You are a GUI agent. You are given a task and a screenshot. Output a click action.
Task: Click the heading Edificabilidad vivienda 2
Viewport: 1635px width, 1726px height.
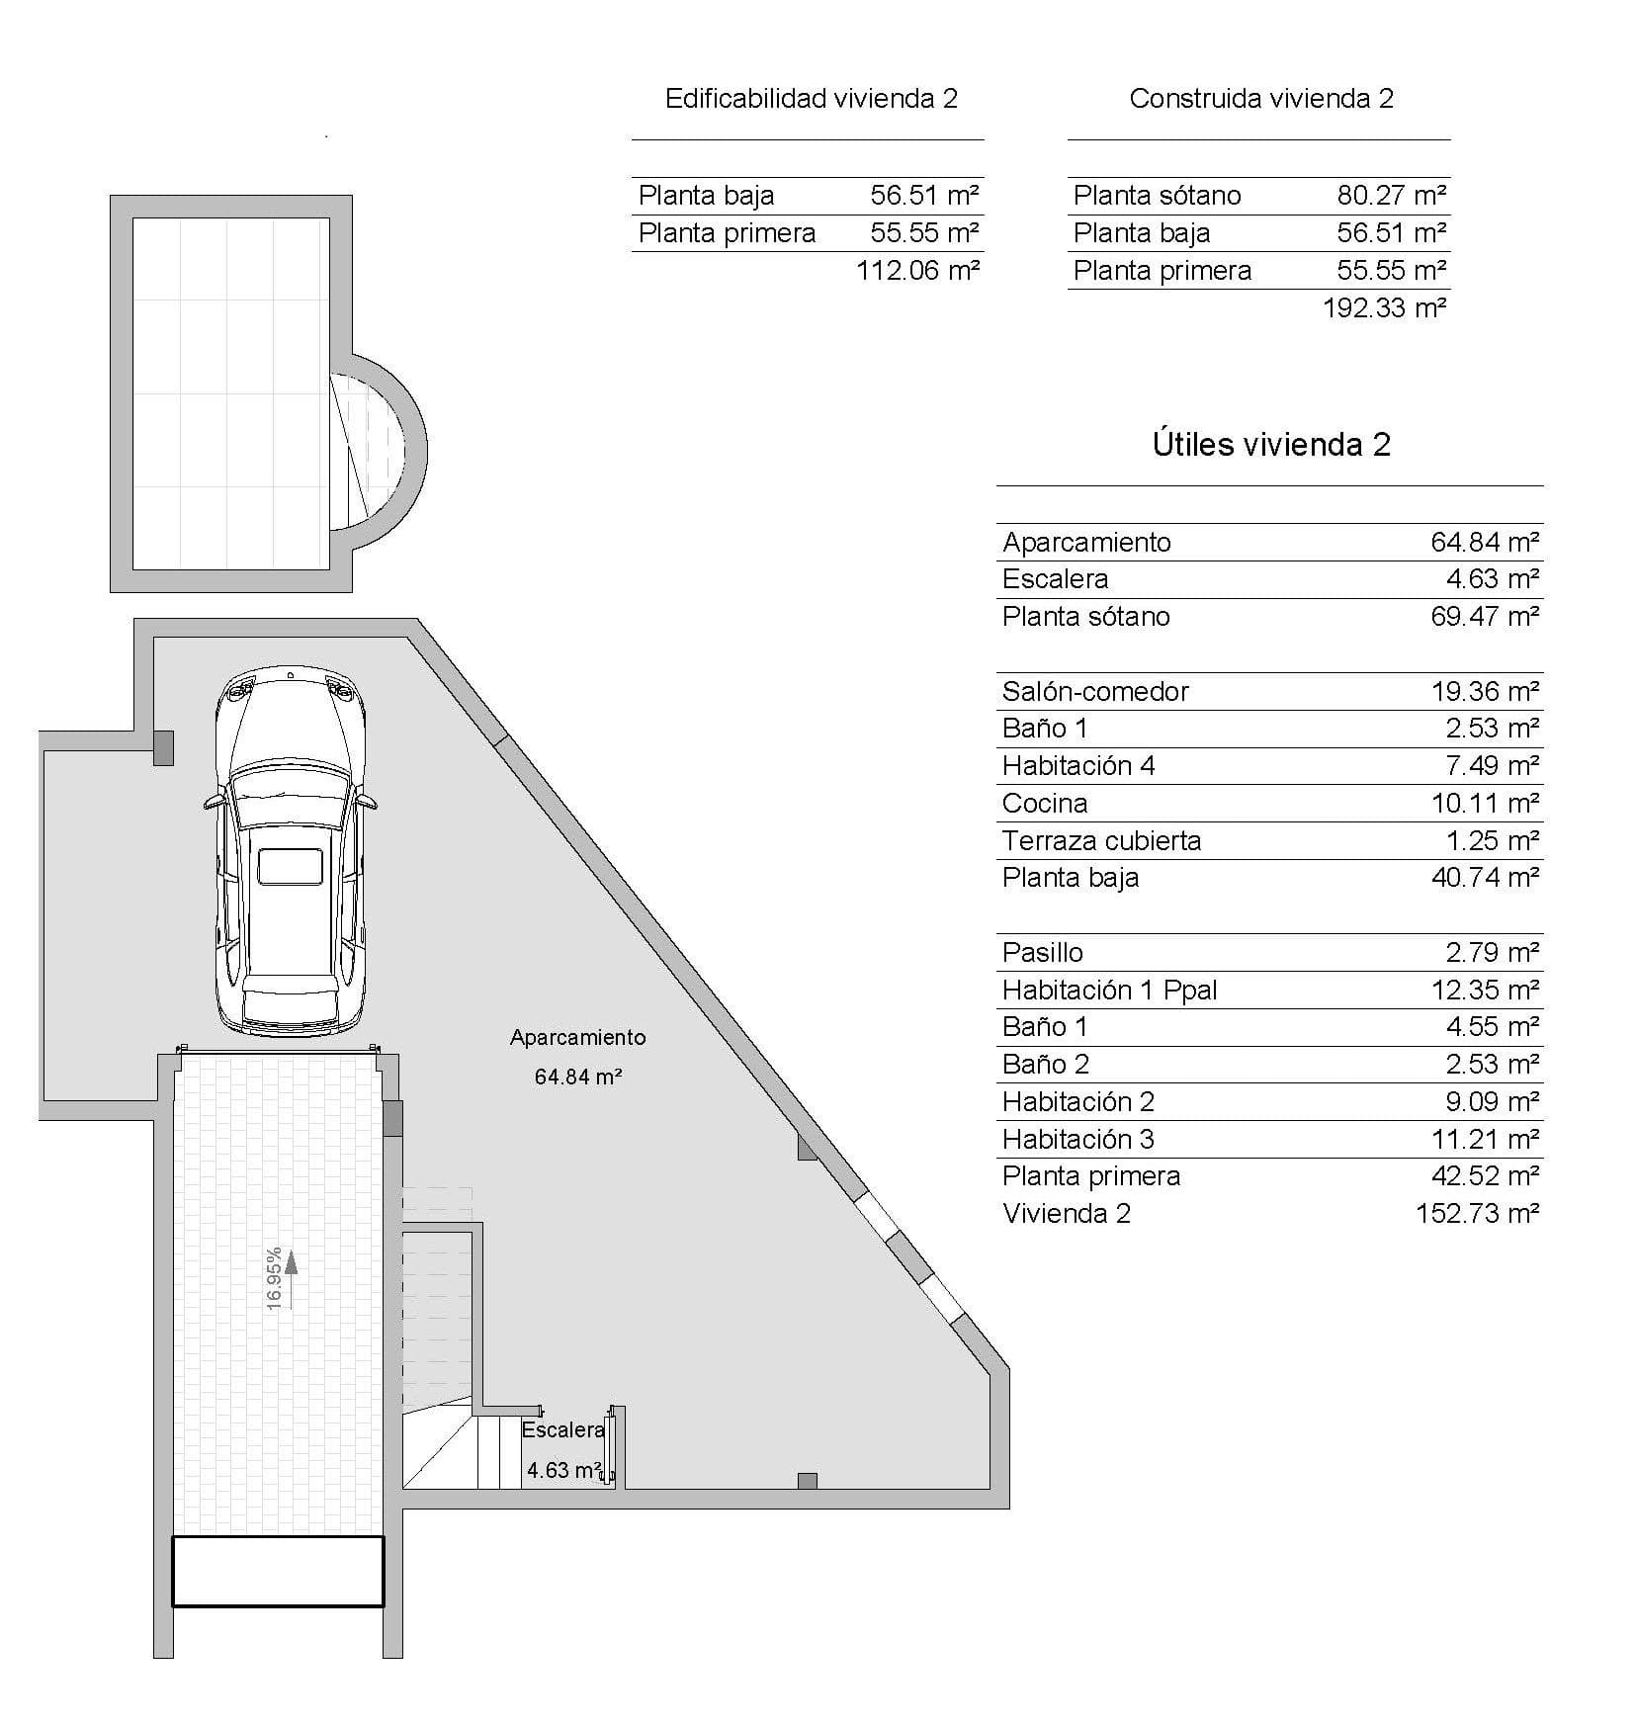[x=811, y=99]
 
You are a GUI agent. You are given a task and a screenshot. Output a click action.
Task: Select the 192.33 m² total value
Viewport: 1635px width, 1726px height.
[x=1384, y=307]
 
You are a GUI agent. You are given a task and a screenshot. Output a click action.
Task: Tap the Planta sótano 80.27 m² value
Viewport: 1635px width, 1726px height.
[x=1391, y=196]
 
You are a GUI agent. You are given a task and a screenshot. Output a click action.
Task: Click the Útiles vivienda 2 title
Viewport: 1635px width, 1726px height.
[x=1271, y=445]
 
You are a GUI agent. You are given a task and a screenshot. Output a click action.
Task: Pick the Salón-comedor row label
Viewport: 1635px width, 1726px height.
[x=1094, y=692]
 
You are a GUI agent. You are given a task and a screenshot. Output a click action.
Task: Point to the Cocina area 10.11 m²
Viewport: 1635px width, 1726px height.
[x=1485, y=804]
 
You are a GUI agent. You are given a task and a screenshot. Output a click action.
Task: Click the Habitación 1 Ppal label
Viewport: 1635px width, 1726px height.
[x=1109, y=991]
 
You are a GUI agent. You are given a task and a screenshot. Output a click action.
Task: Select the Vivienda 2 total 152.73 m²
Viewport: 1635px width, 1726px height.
[x=1477, y=1214]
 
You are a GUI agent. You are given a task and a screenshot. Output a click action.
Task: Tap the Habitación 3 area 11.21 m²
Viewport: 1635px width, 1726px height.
[x=1485, y=1140]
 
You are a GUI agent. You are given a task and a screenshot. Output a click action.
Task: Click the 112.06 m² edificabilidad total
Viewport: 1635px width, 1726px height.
[x=917, y=271]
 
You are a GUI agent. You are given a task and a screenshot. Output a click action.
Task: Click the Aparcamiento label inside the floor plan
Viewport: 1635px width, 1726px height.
[x=577, y=1038]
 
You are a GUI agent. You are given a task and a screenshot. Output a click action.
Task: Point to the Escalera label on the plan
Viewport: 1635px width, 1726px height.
[x=562, y=1430]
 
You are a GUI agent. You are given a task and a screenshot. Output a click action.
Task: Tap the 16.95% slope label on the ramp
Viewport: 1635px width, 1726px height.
[x=275, y=1278]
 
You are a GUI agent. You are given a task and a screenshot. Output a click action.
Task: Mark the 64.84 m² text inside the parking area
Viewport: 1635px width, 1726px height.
[x=577, y=1078]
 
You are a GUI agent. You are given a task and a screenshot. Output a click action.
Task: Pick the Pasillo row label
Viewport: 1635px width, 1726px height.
[x=1042, y=953]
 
